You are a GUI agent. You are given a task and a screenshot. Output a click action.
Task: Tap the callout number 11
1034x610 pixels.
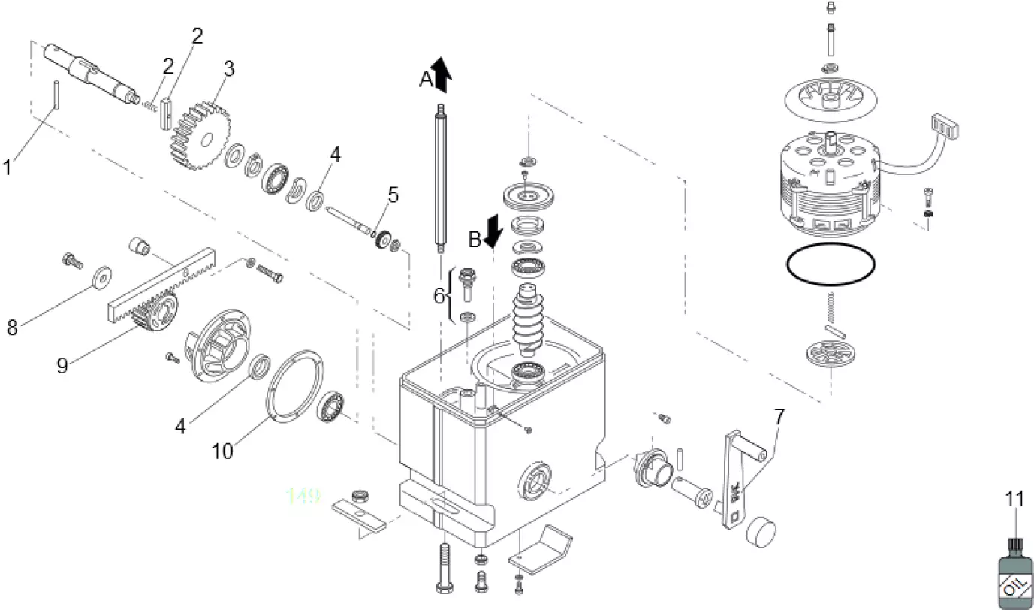click(x=1014, y=499)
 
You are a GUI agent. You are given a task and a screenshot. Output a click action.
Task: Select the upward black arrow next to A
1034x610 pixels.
click(x=442, y=74)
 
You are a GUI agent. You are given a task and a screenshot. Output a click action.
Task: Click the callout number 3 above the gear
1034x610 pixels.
click(x=228, y=68)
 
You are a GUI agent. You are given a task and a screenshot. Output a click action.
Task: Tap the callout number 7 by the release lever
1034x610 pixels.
click(x=779, y=415)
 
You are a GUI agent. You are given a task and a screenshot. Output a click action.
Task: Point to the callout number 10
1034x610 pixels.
click(x=222, y=451)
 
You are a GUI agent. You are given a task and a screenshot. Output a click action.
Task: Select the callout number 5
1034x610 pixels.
click(x=393, y=195)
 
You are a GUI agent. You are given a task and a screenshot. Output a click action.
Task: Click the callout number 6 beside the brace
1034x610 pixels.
click(x=439, y=296)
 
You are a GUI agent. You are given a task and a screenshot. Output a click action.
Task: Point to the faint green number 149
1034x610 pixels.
click(x=303, y=495)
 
